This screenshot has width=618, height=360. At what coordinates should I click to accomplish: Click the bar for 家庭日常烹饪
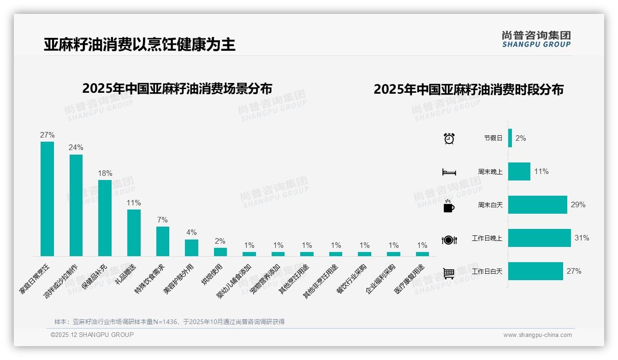pos(47,198)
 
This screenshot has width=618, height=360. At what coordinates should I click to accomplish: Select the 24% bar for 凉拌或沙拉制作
pos(76,205)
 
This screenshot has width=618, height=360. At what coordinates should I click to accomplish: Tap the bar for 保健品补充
pos(105,218)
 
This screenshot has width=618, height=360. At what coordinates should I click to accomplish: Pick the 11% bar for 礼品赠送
pos(134,233)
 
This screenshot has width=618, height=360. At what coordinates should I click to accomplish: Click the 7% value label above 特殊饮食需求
pos(162,220)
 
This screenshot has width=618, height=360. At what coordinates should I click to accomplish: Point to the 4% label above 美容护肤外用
pos(191,232)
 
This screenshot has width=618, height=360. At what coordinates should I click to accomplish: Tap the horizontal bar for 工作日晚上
pos(539,238)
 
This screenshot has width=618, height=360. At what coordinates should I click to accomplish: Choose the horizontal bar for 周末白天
pos(537,204)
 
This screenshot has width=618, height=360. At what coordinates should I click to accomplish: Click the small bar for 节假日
pos(510,138)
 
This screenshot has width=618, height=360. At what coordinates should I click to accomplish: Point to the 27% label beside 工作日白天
pos(574,271)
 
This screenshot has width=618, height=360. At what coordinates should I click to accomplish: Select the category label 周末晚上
pos(490,172)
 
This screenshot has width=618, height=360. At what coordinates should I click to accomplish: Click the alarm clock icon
pos(449,138)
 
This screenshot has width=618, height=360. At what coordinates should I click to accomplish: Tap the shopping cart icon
pos(449,273)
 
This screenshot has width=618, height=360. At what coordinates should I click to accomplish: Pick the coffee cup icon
pos(449,206)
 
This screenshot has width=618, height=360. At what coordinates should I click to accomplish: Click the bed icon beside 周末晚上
pos(449,172)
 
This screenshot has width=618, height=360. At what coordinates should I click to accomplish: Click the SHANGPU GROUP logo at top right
pos(536,39)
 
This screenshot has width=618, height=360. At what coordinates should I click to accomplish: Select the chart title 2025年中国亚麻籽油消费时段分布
pos(469,90)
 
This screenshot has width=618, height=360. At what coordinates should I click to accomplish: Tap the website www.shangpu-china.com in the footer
pos(537,335)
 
